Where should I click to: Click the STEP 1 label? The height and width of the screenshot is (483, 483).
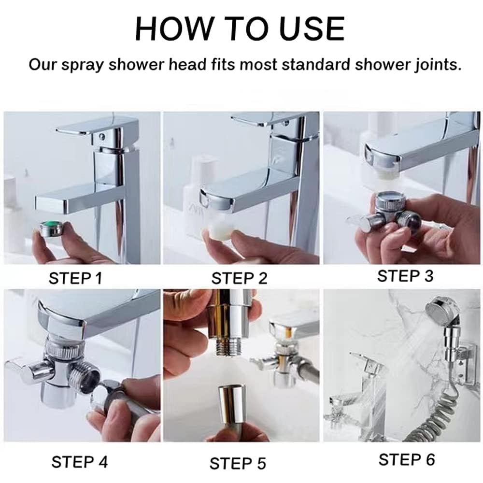pyautogui.click(x=75, y=278)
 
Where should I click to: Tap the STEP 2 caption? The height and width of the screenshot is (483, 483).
pyautogui.click(x=240, y=278)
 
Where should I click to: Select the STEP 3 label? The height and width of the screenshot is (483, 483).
pyautogui.click(x=405, y=276)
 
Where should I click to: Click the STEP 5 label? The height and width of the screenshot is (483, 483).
pyautogui.click(x=238, y=464)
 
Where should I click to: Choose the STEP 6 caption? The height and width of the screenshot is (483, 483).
pyautogui.click(x=407, y=460)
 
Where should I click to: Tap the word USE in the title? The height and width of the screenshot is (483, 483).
pyautogui.click(x=311, y=28)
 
